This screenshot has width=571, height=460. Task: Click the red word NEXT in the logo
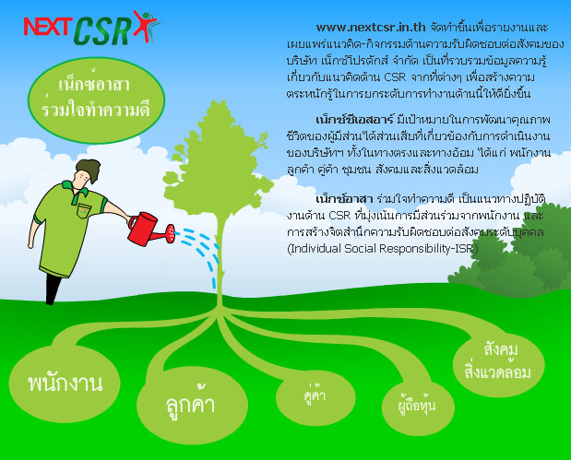pos(47,27)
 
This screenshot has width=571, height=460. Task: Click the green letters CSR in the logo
pos(102,31)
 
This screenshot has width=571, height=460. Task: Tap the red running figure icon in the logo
pos(145,25)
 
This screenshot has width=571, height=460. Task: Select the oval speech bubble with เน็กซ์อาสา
pos(96,99)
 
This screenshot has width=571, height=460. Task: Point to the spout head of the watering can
pos(171,234)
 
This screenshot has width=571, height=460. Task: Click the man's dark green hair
pos(89,170)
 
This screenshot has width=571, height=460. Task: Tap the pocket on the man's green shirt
pos(84,210)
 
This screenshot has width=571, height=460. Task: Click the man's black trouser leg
pos(52,289)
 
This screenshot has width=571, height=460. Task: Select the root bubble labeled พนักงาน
pos(65,383)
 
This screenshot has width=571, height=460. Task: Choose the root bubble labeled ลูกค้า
pos(192,405)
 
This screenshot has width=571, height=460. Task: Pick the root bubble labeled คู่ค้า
pos(315,395)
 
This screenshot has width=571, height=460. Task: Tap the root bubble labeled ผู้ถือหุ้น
pos(418,407)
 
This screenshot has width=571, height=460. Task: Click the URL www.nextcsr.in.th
pos(371,27)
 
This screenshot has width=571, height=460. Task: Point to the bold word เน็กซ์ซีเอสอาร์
pos(355,119)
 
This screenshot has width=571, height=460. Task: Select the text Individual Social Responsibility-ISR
pos(383,249)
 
